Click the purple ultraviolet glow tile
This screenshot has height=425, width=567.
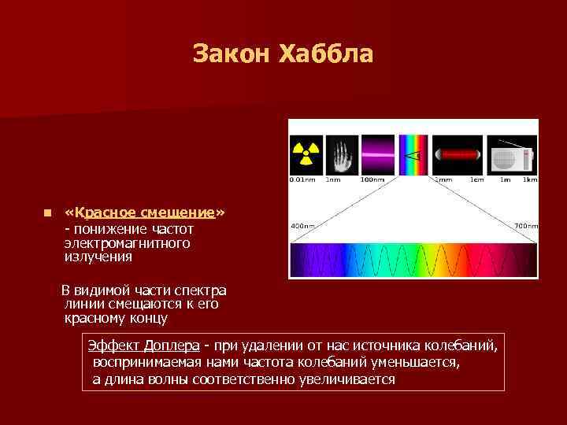pos(377,154)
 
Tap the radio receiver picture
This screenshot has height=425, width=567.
pos(513,154)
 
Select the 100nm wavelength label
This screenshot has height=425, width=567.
pos(372,179)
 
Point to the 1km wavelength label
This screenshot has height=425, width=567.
pos(529,179)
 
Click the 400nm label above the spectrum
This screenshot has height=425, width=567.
pos(302,226)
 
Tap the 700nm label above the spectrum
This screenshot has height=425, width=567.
pos(526,226)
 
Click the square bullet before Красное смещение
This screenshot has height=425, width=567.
pos(47,213)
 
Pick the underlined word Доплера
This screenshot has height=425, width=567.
pos(171,346)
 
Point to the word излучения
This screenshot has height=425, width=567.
pos(98,257)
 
